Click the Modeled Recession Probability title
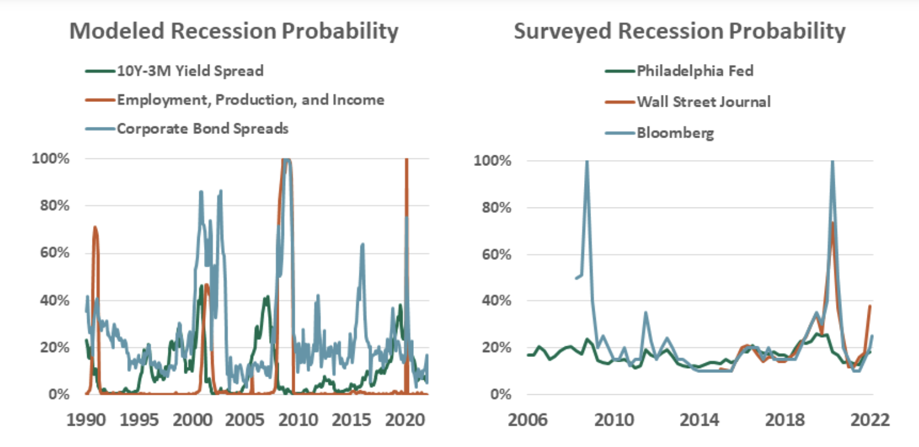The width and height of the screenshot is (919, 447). tap(234, 31)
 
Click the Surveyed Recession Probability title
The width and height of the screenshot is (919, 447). tap(679, 31)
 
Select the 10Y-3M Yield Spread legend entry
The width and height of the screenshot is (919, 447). tap(190, 71)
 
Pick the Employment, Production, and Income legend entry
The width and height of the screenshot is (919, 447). tap(250, 100)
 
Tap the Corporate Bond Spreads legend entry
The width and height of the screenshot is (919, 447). tap(202, 128)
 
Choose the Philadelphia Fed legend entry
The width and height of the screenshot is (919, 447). tap(695, 72)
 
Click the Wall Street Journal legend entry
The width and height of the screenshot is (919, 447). tap(704, 101)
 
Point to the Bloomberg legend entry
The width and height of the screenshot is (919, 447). tap(675, 132)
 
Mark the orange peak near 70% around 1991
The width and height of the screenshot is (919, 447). tap(94, 227)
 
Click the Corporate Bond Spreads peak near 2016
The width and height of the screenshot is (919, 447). tap(362, 244)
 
